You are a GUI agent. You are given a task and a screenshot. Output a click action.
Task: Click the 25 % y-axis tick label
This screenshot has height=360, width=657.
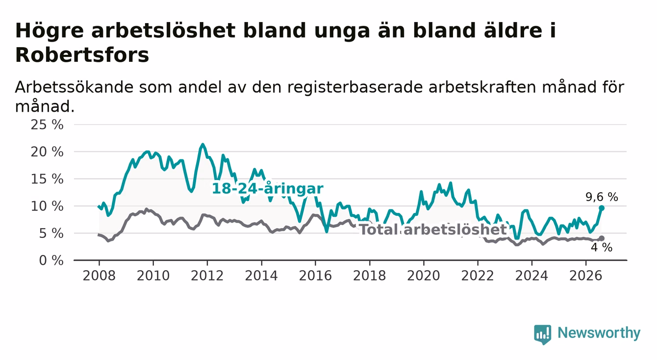pyautogui.click(x=47, y=125)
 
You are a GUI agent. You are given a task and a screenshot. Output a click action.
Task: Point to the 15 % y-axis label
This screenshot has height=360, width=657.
pyautogui.click(x=47, y=179)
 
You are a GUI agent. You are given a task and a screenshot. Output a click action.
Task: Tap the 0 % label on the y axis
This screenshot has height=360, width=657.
pyautogui.click(x=51, y=260)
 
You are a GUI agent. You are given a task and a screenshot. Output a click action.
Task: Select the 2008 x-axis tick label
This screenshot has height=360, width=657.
pyautogui.click(x=99, y=276)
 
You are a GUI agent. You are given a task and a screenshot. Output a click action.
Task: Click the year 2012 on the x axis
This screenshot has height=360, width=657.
pyautogui.click(x=207, y=276)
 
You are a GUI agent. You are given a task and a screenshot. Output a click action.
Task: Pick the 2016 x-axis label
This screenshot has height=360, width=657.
pyautogui.click(x=315, y=276)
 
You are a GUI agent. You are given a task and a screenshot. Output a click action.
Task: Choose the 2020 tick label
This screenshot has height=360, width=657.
pyautogui.click(x=424, y=276)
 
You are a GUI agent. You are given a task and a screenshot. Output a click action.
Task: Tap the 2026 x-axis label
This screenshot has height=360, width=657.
pyautogui.click(x=586, y=276)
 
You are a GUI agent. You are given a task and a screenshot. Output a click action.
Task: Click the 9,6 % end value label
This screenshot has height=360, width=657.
pyautogui.click(x=602, y=197)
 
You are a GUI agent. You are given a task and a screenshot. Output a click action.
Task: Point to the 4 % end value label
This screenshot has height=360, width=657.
pyautogui.click(x=602, y=248)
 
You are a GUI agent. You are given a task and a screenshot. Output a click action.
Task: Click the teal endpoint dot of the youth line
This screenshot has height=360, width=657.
pyautogui.click(x=602, y=208)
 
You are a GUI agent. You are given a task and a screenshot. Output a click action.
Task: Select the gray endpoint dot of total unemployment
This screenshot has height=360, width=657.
pyautogui.click(x=602, y=238)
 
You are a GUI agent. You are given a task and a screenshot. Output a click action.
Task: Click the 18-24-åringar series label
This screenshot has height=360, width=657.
pyautogui.click(x=268, y=188)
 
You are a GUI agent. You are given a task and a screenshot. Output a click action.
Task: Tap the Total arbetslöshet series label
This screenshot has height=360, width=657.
pyautogui.click(x=433, y=230)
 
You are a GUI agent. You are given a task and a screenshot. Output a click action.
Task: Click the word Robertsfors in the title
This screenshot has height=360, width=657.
pyautogui.click(x=82, y=55)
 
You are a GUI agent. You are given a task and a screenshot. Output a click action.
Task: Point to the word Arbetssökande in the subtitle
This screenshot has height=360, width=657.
pyautogui.click(x=74, y=87)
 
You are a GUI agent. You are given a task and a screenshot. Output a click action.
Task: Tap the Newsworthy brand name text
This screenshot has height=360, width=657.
pyautogui.click(x=599, y=334)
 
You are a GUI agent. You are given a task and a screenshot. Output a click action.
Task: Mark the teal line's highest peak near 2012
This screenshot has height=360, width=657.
pyautogui.click(x=202, y=144)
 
